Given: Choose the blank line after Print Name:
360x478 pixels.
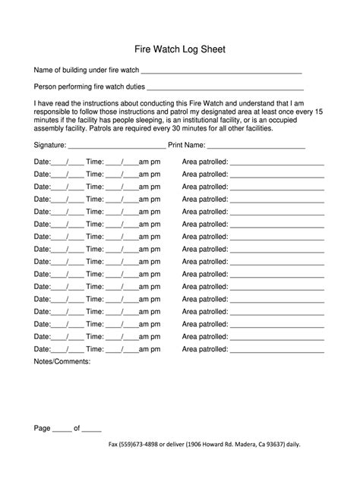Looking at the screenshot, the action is point(256,147).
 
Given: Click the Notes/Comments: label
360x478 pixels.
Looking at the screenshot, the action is point(62,362).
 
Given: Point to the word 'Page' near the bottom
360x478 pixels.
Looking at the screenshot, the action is point(43,428).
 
